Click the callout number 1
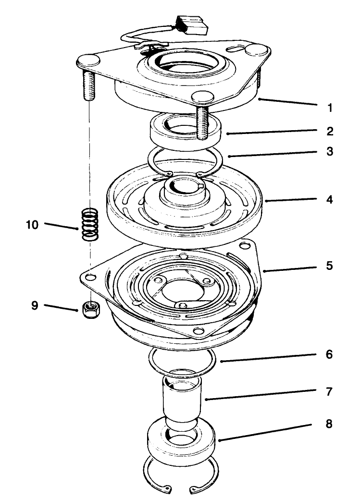coord(330,108)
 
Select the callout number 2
coord(330,131)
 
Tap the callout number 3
coord(330,152)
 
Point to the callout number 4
coord(330,198)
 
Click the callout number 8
coord(330,425)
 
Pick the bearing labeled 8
coord(183,441)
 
